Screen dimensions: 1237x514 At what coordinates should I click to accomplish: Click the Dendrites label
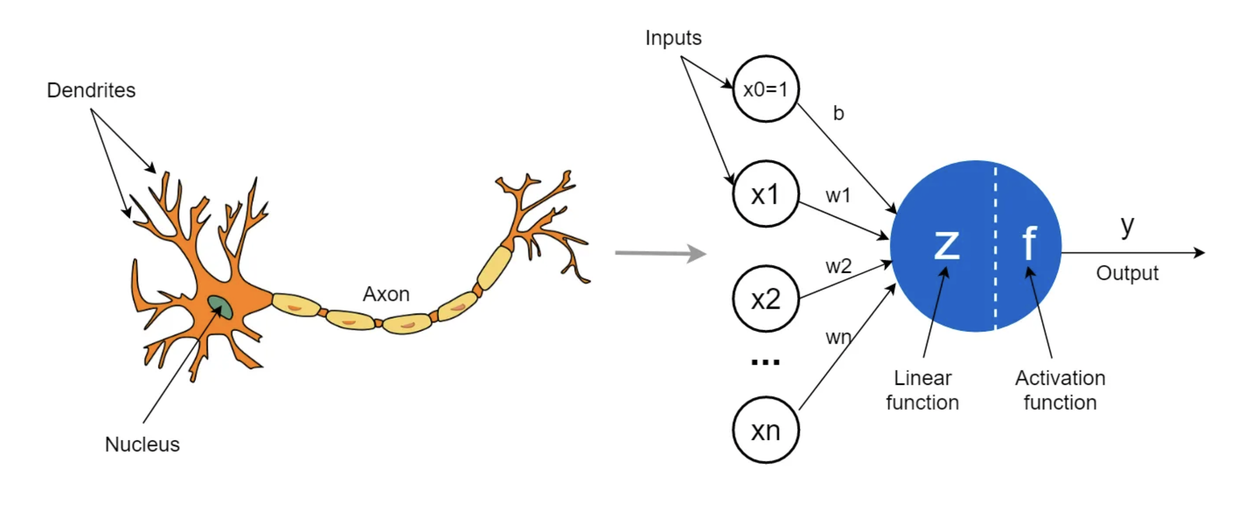[91, 90]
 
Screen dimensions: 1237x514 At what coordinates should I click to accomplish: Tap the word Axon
[386, 294]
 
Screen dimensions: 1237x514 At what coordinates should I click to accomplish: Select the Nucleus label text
[142, 444]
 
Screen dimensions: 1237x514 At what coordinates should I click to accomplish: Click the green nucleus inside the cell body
[220, 307]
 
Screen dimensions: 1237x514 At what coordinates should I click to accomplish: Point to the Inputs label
[673, 37]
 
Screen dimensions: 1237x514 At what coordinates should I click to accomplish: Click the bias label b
[838, 113]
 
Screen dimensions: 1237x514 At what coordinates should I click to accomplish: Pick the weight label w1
[838, 195]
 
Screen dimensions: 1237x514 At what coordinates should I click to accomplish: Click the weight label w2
[838, 266]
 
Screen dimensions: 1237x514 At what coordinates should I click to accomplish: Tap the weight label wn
[838, 337]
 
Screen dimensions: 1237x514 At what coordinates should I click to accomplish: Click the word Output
[1127, 273]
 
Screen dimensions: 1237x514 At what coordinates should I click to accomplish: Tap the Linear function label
[922, 390]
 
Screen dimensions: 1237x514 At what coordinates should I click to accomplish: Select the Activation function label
[1060, 390]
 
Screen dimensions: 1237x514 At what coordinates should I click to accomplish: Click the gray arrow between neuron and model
[661, 253]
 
